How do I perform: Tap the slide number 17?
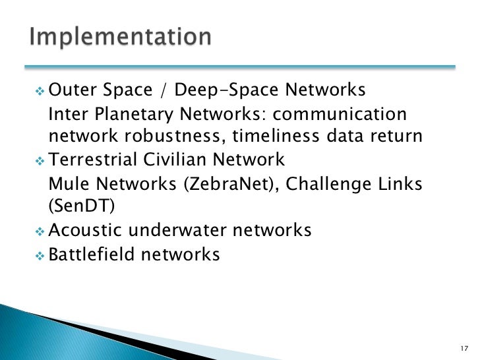(462, 348)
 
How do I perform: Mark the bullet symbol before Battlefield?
(39, 255)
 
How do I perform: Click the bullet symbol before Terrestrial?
(39, 160)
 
